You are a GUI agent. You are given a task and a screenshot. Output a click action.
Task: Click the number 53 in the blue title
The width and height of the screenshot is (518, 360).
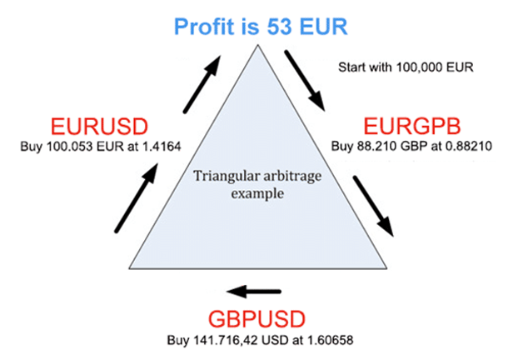click(x=279, y=27)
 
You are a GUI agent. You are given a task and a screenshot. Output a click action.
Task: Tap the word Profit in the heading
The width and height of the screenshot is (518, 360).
click(x=204, y=27)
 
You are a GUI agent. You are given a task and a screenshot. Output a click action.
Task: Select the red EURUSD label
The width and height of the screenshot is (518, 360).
click(x=99, y=127)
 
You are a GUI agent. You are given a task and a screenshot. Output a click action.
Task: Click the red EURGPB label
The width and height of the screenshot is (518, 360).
click(x=412, y=126)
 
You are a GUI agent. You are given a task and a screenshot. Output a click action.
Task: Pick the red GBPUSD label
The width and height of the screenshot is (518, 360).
click(x=257, y=319)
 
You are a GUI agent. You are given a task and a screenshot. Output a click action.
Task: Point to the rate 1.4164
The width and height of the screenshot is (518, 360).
click(x=162, y=146)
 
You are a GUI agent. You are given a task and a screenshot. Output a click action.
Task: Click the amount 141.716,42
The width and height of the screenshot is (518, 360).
click(x=226, y=340)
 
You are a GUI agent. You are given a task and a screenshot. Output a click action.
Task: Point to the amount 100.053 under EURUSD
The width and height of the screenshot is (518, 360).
click(x=70, y=146)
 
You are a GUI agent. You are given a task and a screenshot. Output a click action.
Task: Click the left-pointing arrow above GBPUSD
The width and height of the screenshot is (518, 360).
click(x=254, y=292)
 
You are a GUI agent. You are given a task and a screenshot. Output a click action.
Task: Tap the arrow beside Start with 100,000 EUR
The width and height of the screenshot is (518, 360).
click(x=306, y=81)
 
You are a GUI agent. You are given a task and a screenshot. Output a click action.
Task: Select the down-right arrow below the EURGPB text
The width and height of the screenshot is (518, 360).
click(x=374, y=207)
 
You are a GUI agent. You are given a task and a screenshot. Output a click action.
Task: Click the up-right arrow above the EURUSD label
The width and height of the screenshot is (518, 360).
click(x=202, y=84)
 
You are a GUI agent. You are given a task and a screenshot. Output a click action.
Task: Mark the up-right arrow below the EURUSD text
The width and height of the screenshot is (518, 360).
click(x=136, y=197)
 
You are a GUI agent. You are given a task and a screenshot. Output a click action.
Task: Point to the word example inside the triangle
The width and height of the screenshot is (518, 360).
click(x=257, y=193)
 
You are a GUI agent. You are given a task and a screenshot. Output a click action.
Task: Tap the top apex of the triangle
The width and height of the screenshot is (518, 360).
click(x=257, y=45)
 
